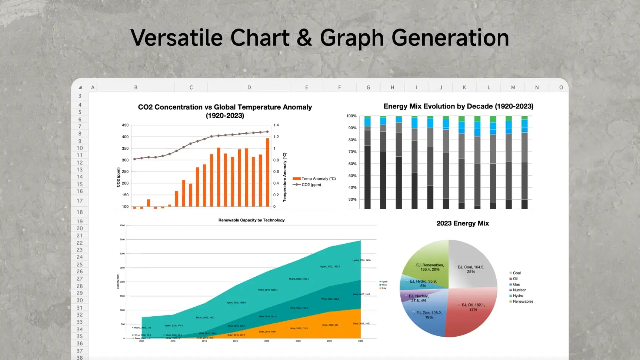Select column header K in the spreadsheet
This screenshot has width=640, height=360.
click(464, 87)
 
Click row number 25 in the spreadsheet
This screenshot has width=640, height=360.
click(80, 264)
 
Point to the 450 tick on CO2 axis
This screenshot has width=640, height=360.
click(125, 125)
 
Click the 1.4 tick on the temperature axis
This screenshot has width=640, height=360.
click(276, 125)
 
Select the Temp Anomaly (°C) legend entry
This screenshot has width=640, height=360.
click(315, 179)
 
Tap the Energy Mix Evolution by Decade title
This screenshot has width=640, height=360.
click(458, 106)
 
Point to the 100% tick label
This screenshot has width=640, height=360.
click(351, 116)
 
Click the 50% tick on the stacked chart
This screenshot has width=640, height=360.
click(352, 176)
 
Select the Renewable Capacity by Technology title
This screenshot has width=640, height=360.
click(251, 220)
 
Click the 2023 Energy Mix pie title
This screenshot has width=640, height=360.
click(463, 223)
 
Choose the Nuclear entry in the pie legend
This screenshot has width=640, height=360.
click(519, 290)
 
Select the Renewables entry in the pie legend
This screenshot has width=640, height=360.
click(523, 301)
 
